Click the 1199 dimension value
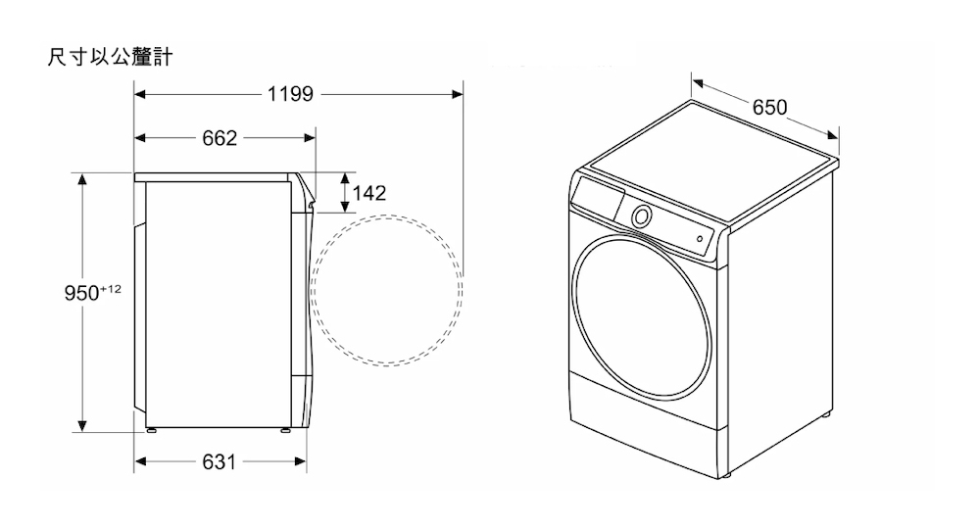290,94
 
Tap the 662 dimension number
220,138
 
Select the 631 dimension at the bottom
220,462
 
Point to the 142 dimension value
369,193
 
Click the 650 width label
769,108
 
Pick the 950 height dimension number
81,293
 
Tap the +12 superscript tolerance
111,289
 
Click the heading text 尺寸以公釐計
110,57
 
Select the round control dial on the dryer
641,216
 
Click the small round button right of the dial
700,239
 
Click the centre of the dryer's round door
642,317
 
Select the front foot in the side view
285,430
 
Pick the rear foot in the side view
151,430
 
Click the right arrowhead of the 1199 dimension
458,94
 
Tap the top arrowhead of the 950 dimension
82,178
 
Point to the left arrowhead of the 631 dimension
140,461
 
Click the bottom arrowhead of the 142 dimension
344,207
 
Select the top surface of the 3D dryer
712,164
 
